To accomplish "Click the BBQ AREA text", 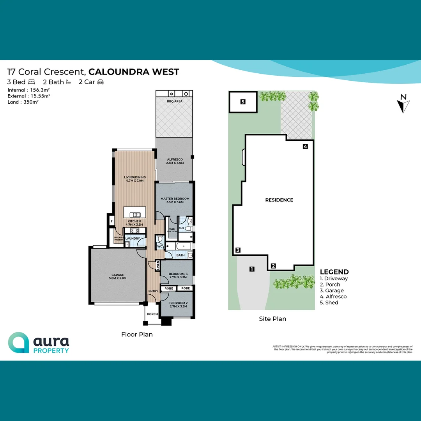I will coord(174,101).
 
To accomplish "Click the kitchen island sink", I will coord(134,214).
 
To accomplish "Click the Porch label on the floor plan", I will coord(152,314).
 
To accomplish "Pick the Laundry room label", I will coord(133,239).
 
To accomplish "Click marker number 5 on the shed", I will coord(243,102).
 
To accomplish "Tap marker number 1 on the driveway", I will coord(252,269).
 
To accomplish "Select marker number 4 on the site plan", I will coord(306,147).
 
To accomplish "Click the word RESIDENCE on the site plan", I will coord(279,200).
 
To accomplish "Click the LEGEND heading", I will coord(334,272).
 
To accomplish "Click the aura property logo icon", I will coord(18,343).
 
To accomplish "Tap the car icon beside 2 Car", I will coord(101,82).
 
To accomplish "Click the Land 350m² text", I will coord(23,102).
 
